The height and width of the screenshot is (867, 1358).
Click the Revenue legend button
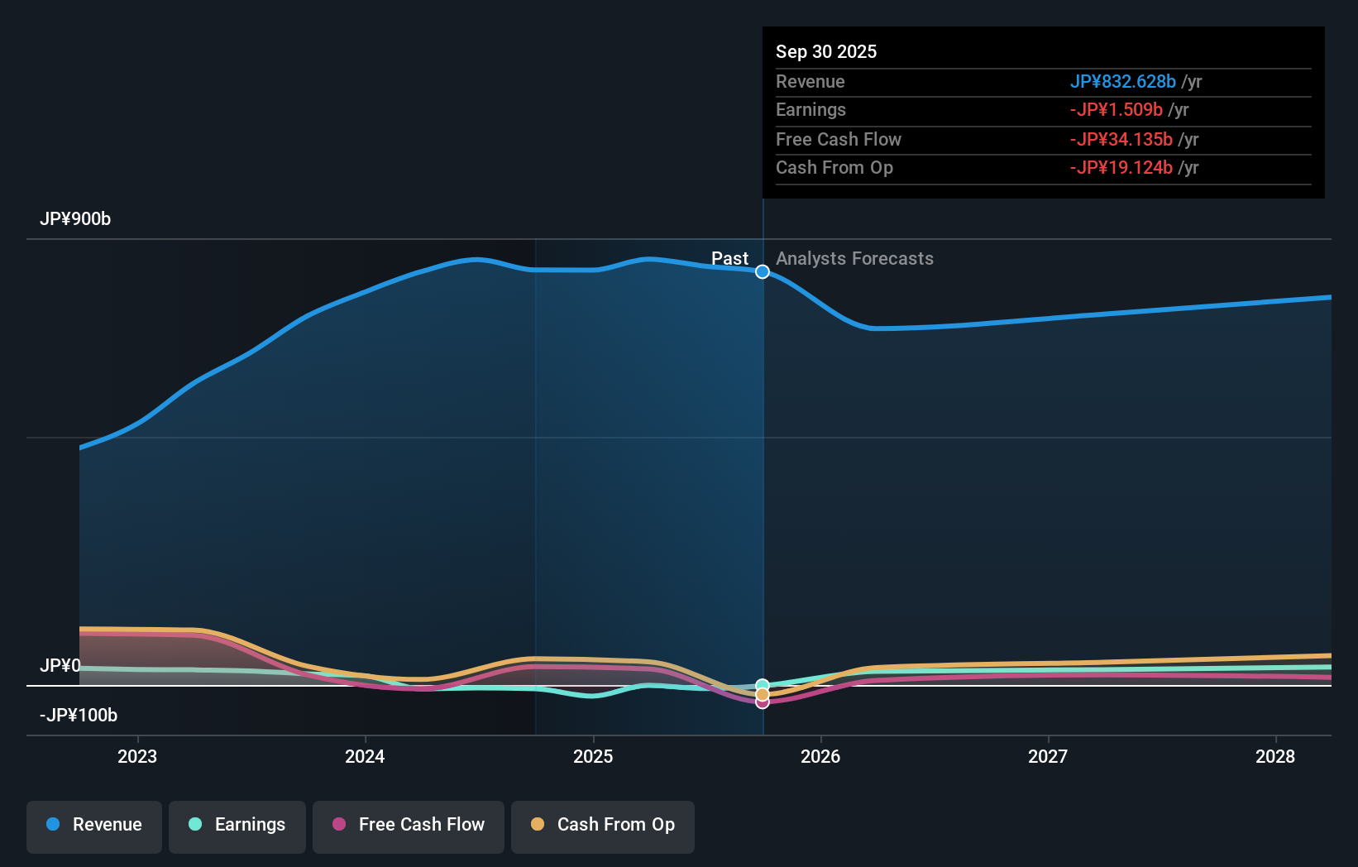[x=94, y=825]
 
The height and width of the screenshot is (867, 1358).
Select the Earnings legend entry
[x=237, y=825]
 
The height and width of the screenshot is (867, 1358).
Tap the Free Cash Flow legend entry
[x=409, y=825]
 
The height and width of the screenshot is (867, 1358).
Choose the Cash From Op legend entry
[x=603, y=825]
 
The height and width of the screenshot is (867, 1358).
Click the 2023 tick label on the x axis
[x=137, y=756]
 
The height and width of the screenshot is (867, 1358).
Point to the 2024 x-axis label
[x=365, y=756]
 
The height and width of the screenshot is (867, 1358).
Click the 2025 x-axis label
[x=593, y=756]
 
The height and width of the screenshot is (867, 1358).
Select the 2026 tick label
[x=820, y=756]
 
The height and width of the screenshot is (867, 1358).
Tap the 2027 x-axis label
[x=1048, y=756]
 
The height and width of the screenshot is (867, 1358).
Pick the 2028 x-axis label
[x=1275, y=756]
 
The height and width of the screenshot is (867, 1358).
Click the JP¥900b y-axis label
[x=75, y=219]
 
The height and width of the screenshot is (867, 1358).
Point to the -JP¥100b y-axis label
[x=79, y=716]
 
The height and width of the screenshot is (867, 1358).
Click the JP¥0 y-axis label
[x=60, y=666]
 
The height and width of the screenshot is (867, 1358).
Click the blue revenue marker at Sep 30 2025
[x=763, y=272]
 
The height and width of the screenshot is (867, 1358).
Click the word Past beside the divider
[x=729, y=259]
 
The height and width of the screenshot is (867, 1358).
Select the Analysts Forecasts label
[x=854, y=259]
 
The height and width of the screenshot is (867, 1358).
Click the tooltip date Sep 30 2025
[x=826, y=52]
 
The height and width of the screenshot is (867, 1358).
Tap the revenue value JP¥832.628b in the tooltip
[x=1122, y=82]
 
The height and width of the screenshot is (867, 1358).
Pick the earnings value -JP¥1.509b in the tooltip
[x=1116, y=110]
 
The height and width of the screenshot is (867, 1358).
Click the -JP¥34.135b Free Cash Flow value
[x=1121, y=140]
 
